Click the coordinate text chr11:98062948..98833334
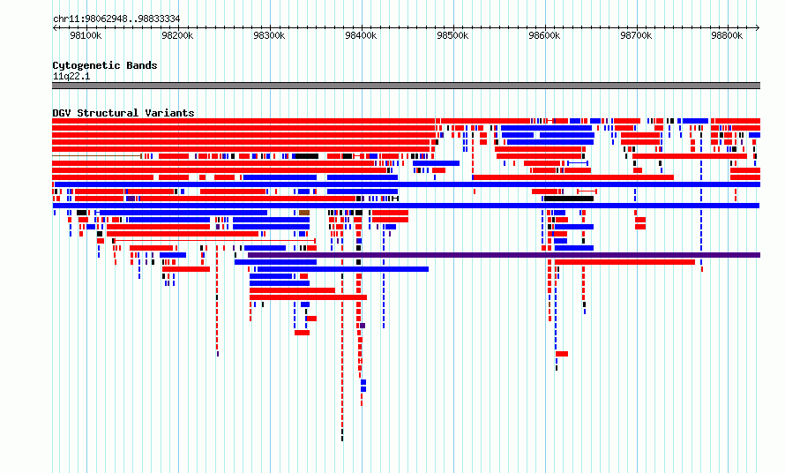(116, 19)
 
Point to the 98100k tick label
(86, 35)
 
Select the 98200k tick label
(177, 35)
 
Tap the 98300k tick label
(269, 35)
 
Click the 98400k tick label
(361, 35)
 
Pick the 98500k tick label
(452, 35)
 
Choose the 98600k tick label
(544, 35)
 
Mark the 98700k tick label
(636, 35)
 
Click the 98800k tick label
(727, 35)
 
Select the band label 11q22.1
(71, 76)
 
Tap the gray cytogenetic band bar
(406, 86)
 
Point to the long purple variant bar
(505, 255)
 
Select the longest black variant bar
(569, 199)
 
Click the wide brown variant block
(304, 213)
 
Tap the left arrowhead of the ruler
(54, 28)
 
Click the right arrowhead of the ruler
(758, 28)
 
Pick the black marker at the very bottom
(342, 439)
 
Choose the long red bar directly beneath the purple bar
(624, 262)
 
